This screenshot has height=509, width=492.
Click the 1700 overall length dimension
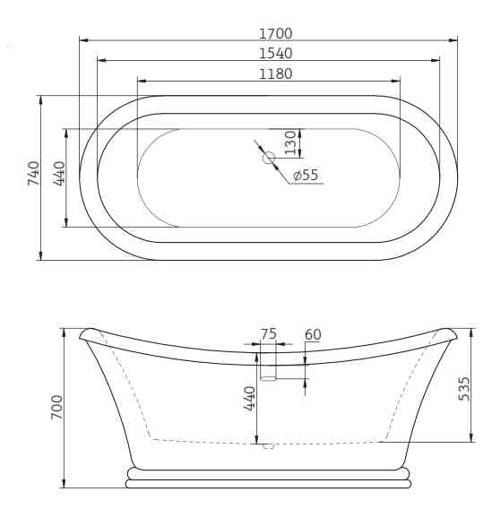(275, 34)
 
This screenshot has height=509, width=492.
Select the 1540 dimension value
(275, 54)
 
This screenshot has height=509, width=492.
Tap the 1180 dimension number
(275, 74)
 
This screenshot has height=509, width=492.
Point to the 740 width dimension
(33, 173)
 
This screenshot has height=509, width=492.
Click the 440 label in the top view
(59, 174)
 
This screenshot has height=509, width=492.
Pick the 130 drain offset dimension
(290, 142)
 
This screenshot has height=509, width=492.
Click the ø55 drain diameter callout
(306, 175)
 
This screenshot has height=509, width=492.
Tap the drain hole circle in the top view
(269, 158)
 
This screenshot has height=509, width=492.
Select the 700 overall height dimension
(56, 407)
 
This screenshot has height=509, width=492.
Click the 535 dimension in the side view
(463, 389)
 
